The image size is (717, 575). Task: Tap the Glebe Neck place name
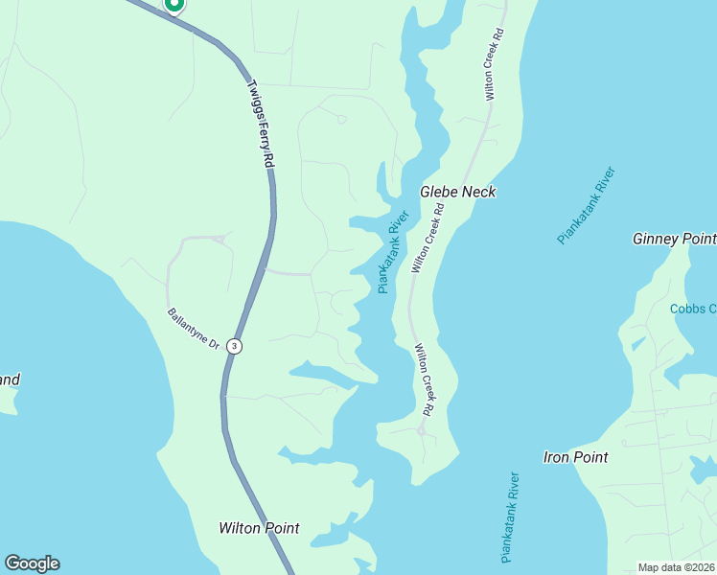click(x=458, y=192)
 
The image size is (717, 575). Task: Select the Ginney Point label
click(x=674, y=239)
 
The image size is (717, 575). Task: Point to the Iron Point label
click(x=575, y=457)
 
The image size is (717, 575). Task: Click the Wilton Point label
click(x=259, y=528)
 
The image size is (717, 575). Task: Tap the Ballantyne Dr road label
click(x=194, y=328)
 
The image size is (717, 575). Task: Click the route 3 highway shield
click(x=234, y=346)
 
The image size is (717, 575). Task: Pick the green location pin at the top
click(x=174, y=5)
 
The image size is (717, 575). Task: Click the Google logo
click(x=32, y=563)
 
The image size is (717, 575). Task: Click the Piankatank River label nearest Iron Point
click(x=510, y=517)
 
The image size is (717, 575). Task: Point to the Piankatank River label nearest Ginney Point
click(x=586, y=206)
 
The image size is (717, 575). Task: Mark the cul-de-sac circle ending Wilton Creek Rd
click(x=421, y=431)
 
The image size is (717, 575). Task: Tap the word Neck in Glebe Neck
click(x=479, y=192)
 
